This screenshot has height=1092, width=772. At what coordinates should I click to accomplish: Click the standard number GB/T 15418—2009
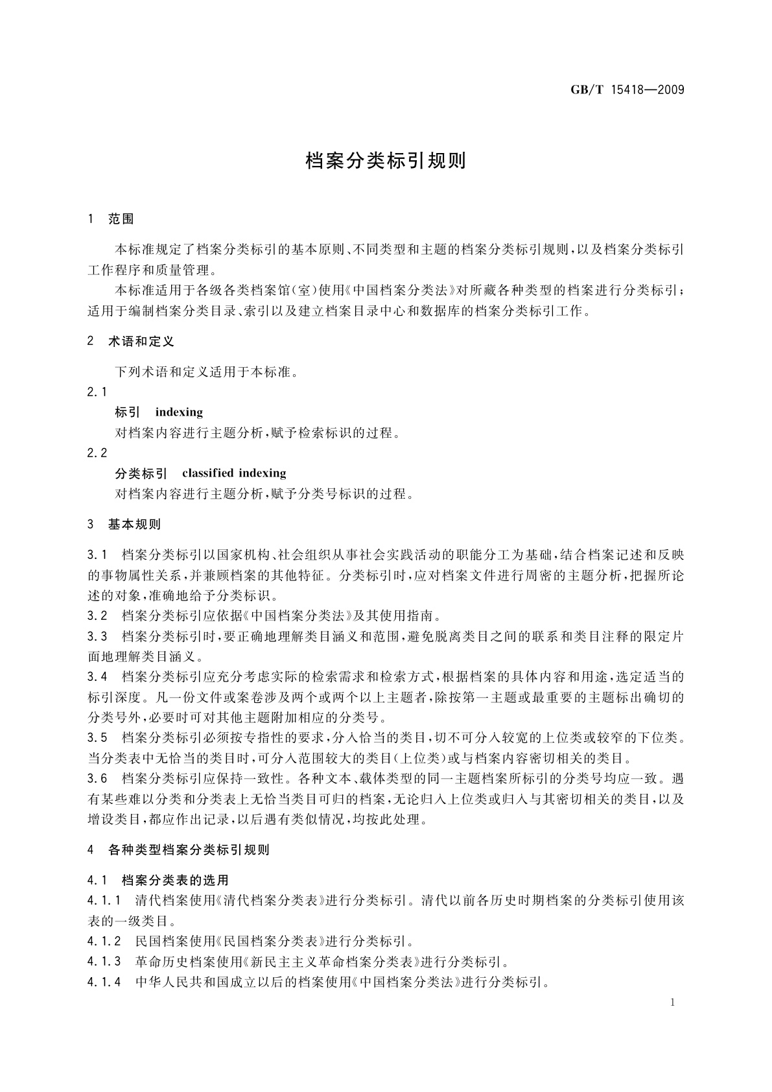point(627,89)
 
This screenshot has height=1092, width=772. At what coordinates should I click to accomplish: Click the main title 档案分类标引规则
point(386,161)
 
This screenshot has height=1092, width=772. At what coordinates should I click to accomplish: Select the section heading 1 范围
point(111,219)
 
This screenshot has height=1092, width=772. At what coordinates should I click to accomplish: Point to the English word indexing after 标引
point(179,412)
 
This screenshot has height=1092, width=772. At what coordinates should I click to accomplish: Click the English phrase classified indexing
point(234,473)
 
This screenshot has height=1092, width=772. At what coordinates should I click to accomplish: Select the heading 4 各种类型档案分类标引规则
point(178,849)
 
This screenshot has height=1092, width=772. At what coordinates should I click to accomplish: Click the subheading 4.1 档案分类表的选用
point(158,881)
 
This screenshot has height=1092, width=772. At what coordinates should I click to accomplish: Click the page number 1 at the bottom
point(673,1003)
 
